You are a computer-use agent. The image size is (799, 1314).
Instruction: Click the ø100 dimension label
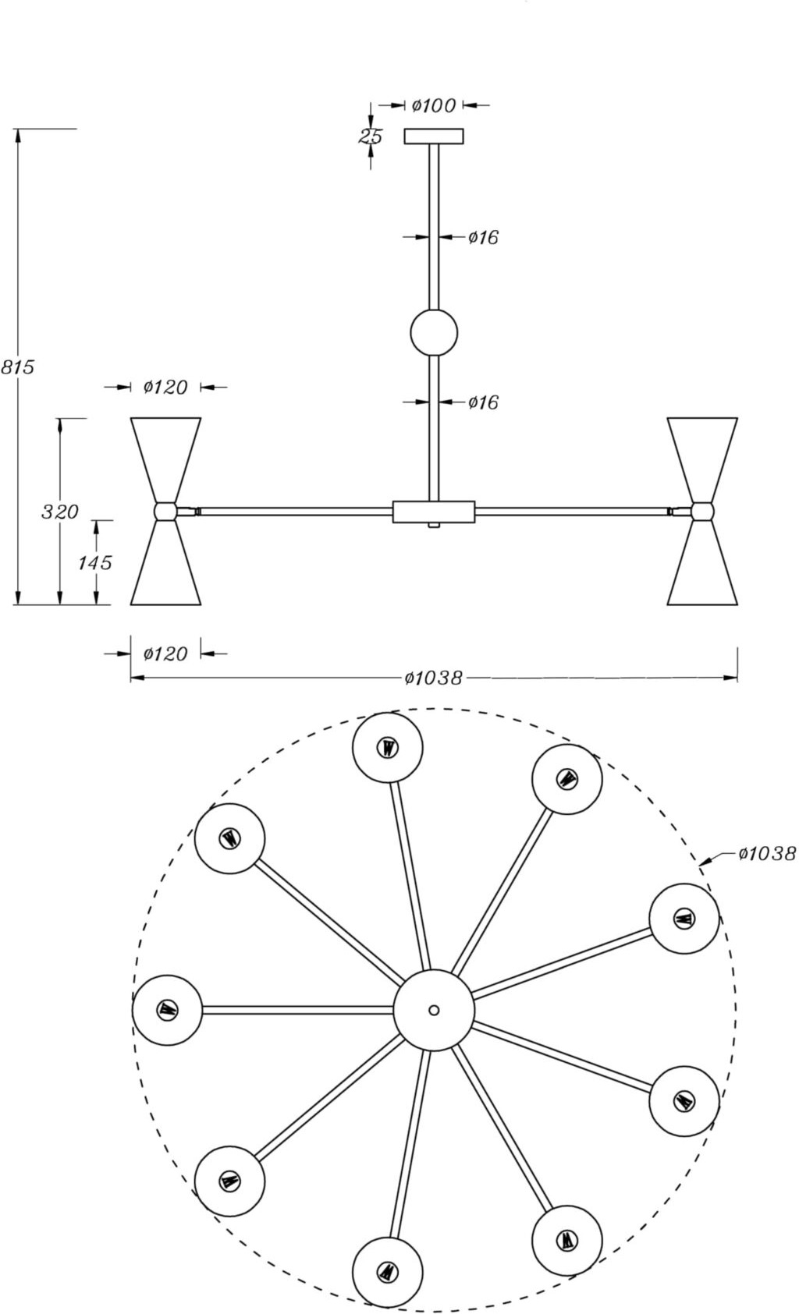433,105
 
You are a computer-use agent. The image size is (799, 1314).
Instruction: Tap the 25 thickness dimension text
371,137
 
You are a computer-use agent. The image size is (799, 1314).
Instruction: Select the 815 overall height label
17,367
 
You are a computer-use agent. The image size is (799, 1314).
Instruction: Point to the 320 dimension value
60,512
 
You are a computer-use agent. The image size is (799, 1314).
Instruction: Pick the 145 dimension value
95,562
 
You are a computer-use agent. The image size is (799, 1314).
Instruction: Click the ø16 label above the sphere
483,237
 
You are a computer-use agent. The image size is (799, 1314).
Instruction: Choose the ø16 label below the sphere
483,402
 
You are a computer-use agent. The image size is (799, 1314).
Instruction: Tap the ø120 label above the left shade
165,387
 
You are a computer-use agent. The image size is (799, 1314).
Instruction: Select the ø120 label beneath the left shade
165,653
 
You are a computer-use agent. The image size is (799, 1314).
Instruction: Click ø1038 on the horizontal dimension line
434,678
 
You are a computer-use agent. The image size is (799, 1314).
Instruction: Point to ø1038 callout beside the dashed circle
767,854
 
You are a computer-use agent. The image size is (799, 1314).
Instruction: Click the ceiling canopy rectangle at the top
434,136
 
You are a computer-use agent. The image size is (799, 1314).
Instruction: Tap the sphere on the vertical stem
434,333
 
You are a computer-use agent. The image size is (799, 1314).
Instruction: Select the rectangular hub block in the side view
434,512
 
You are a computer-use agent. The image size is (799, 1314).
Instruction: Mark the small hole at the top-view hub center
434,1010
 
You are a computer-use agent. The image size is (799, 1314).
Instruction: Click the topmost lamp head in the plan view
388,747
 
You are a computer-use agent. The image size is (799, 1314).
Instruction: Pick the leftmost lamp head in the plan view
167,1010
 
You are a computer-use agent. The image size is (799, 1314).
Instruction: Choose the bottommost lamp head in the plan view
388,1272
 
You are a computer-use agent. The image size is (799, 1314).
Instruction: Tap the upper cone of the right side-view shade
702,456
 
